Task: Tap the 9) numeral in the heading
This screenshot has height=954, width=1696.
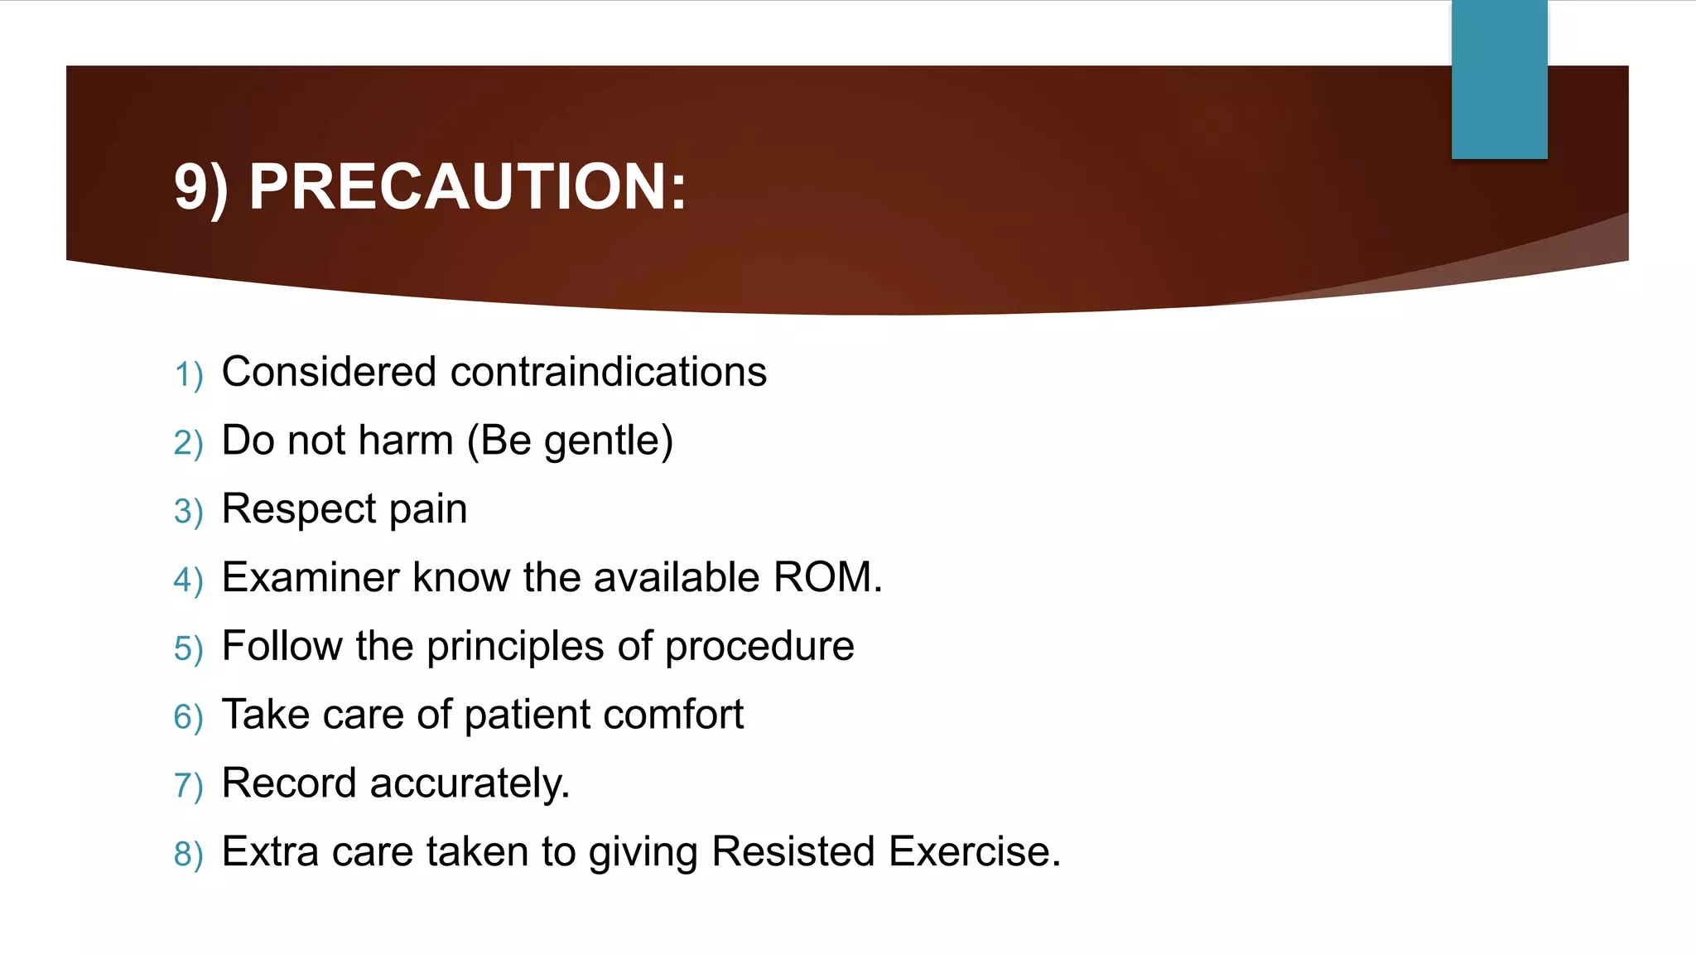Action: pyautogui.click(x=200, y=188)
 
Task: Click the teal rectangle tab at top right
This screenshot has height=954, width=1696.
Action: pyautogui.click(x=1499, y=79)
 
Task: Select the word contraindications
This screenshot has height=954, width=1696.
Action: pyautogui.click(x=609, y=372)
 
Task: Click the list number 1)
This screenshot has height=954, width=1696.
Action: pyautogui.click(x=188, y=374)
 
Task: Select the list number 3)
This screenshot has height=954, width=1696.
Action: pyautogui.click(x=188, y=512)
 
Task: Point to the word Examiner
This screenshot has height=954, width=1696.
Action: pyautogui.click(x=311, y=577)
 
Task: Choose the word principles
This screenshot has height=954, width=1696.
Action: pyautogui.click(x=515, y=647)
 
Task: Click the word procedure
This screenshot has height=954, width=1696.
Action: pyautogui.click(x=759, y=647)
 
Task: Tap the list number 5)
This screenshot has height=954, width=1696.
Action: pyautogui.click(x=188, y=648)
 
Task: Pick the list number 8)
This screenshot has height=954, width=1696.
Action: pyautogui.click(x=188, y=854)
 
